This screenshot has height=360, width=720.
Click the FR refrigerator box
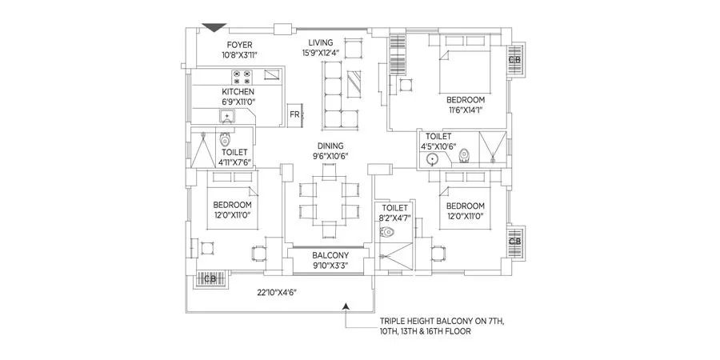pyautogui.click(x=295, y=114)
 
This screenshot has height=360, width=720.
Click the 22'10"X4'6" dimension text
pyautogui.click(x=277, y=293)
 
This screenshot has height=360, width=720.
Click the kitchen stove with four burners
pyautogui.click(x=242, y=76)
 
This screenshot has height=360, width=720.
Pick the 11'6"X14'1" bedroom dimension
pyautogui.click(x=464, y=110)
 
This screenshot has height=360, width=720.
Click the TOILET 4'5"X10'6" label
pyautogui.click(x=438, y=142)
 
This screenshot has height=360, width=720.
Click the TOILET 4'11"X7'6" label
pyautogui.click(x=234, y=156)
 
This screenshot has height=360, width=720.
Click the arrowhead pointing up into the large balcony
pyautogui.click(x=346, y=305)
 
